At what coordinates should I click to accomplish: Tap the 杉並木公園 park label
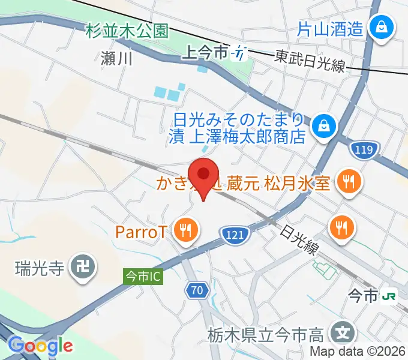pyautogui.click(x=127, y=31)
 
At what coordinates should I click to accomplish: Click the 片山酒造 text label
pyautogui.click(x=331, y=28)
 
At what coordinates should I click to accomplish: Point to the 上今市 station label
pyautogui.click(x=208, y=53)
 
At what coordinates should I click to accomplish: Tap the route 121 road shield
pyautogui.click(x=232, y=234)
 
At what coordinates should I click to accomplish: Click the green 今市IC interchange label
pyautogui.click(x=143, y=277)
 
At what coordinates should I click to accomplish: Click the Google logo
pyautogui.click(x=40, y=346)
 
